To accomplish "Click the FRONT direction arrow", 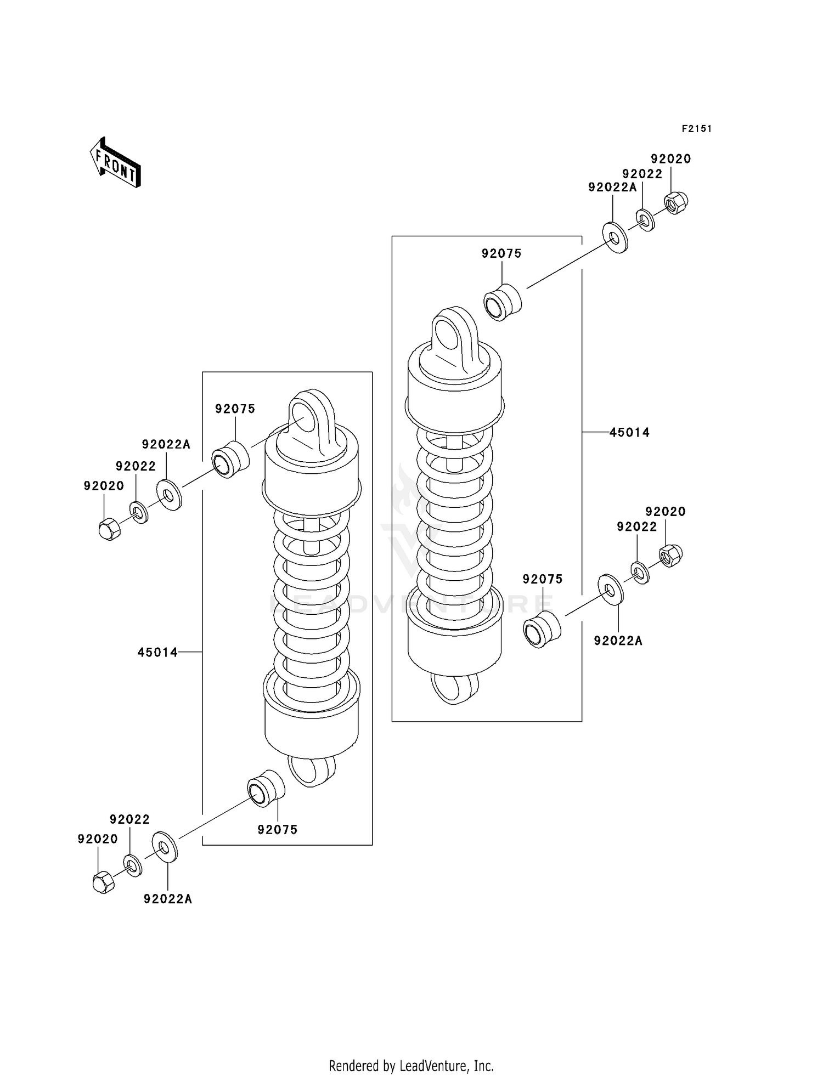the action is point(116,162).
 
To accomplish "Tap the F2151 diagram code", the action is point(697,129).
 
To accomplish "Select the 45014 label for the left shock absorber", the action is point(157,652).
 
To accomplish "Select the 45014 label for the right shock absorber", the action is point(629,433).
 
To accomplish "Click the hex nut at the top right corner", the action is point(676,203).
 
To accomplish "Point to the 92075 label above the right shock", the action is point(501,253).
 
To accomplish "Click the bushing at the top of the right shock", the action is point(502,302).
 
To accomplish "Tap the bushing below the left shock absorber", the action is point(266,788).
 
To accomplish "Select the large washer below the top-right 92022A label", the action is point(615,237).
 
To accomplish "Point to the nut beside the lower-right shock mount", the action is point(670,556).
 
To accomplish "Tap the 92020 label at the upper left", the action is point(104,485).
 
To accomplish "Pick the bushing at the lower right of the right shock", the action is point(542,629).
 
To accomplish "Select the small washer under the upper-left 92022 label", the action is point(139,512).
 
